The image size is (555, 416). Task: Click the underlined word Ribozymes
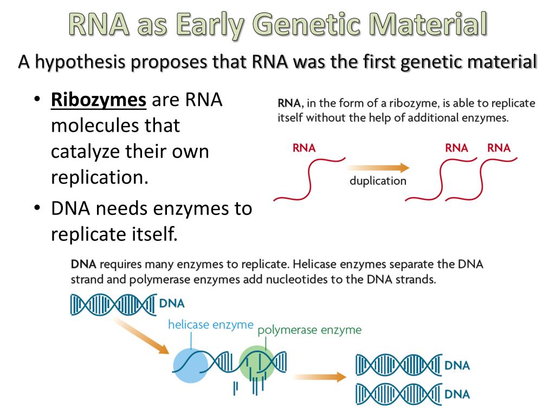99,100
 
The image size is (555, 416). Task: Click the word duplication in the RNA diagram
378,181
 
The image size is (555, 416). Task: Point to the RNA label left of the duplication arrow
304,148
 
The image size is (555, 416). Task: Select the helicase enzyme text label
210,324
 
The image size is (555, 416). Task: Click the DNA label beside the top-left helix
172,304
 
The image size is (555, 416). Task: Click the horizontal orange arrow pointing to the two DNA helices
319,377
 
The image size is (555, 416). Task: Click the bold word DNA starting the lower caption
83,265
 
